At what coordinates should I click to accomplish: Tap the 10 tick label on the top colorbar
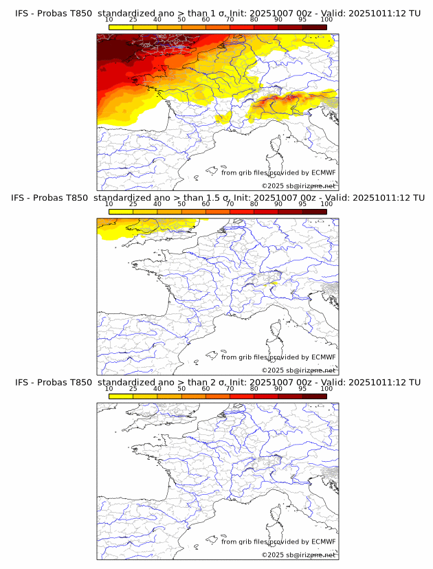pos(109,19)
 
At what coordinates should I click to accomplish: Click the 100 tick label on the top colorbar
pos(326,19)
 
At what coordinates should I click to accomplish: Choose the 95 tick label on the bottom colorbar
pos(302,389)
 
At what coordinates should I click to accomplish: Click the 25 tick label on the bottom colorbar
pos(133,389)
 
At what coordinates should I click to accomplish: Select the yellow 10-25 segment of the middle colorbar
pos(121,212)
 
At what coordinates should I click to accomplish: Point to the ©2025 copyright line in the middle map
pos(298,370)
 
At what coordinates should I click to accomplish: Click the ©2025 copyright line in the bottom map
pos(298,555)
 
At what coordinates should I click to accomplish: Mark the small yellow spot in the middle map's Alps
pos(274,282)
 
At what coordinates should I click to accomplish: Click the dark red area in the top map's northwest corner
pos(113,48)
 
